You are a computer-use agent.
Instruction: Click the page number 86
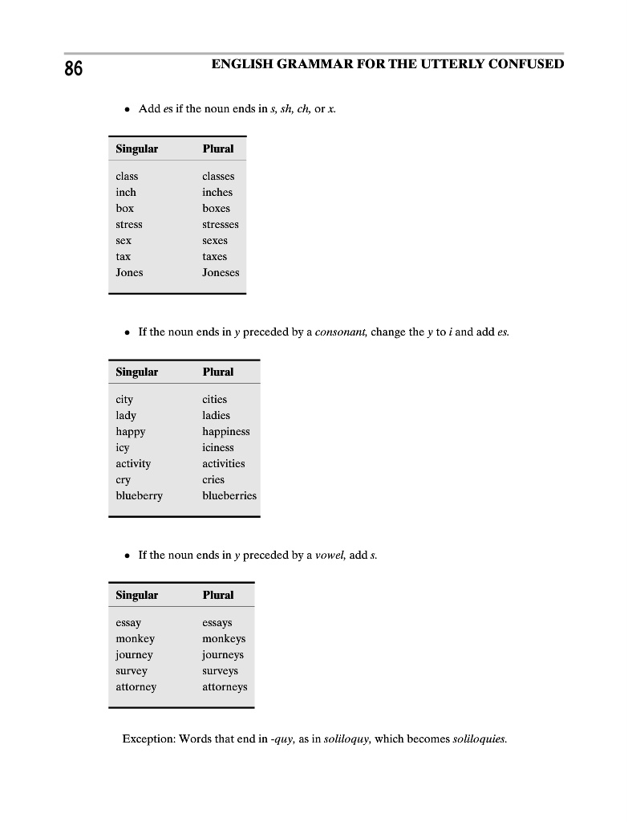click(73, 69)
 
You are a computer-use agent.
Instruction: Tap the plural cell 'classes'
click(218, 176)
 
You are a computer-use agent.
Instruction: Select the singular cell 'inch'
click(126, 192)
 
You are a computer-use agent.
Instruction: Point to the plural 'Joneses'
click(221, 272)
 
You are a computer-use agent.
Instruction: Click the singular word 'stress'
click(129, 224)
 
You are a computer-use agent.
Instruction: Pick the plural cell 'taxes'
click(215, 256)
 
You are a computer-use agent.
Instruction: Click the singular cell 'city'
click(124, 399)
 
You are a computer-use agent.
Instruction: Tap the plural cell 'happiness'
click(226, 431)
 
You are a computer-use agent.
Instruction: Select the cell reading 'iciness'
click(218, 447)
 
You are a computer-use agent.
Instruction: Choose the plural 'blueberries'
click(229, 495)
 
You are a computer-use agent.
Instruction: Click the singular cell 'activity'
click(133, 463)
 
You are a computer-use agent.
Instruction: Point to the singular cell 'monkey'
click(135, 638)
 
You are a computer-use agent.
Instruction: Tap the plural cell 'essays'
click(217, 622)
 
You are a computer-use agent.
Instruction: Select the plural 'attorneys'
click(225, 686)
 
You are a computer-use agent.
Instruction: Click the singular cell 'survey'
click(132, 670)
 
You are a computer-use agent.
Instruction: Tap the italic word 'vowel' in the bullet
click(330, 555)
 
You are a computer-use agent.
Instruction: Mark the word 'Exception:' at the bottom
click(148, 739)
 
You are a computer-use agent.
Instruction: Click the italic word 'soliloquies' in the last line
click(480, 739)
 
